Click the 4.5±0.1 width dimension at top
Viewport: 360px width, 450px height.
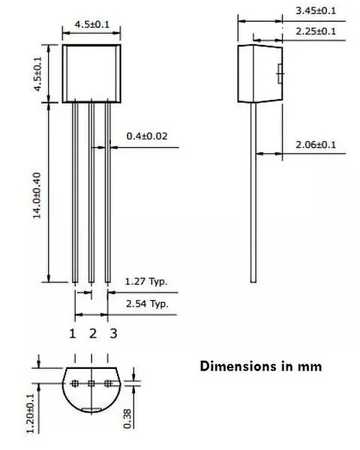(91, 25)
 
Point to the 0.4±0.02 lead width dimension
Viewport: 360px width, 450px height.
(148, 136)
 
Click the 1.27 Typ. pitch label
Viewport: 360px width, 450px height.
(147, 283)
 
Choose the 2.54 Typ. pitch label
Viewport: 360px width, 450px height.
(147, 304)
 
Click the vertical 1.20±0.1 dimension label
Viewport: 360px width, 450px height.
(29, 412)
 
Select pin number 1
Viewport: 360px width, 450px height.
(73, 333)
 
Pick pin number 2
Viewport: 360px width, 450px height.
(93, 333)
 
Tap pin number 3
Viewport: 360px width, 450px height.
(113, 333)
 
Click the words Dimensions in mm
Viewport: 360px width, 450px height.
(260, 367)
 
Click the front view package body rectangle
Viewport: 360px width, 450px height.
(91, 73)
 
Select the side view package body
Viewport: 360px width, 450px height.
(259, 73)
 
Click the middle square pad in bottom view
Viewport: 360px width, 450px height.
(91, 384)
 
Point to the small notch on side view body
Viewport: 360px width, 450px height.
(280, 73)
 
